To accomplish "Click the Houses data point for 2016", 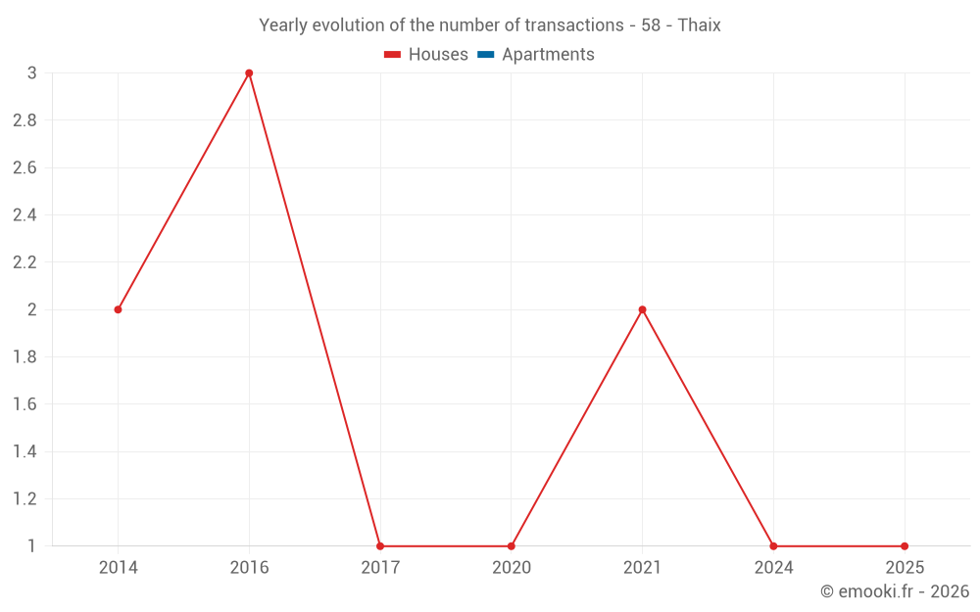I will [249, 73].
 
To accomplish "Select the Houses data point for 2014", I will [118, 309].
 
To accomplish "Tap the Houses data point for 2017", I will [380, 546].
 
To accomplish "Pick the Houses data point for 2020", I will [512, 546].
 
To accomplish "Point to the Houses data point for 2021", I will [642, 309].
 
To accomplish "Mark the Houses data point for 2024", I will [773, 546].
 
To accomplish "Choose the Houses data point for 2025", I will [905, 546].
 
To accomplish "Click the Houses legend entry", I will [426, 55].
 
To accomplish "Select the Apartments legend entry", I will [536, 55].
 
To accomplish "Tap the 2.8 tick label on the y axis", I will [24, 120].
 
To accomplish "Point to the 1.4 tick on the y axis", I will [24, 451].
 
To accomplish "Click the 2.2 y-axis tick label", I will [24, 262].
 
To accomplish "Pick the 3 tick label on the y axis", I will [31, 73].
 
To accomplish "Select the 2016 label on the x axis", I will [249, 568].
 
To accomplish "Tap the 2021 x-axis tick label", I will [642, 568].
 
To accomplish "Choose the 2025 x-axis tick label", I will [905, 568].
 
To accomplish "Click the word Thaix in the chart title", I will [699, 25].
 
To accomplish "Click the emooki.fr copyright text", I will [895, 591].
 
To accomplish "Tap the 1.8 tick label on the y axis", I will [24, 357].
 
